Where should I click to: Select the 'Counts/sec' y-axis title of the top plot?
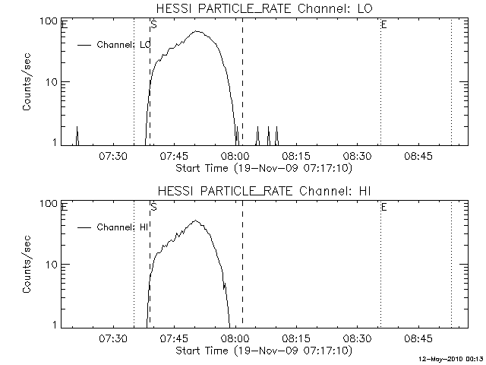(27, 82)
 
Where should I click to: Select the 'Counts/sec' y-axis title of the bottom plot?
(27, 265)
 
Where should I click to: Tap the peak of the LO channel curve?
(198, 31)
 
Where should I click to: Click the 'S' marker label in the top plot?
(154, 24)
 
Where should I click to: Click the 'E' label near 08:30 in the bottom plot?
(383, 207)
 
